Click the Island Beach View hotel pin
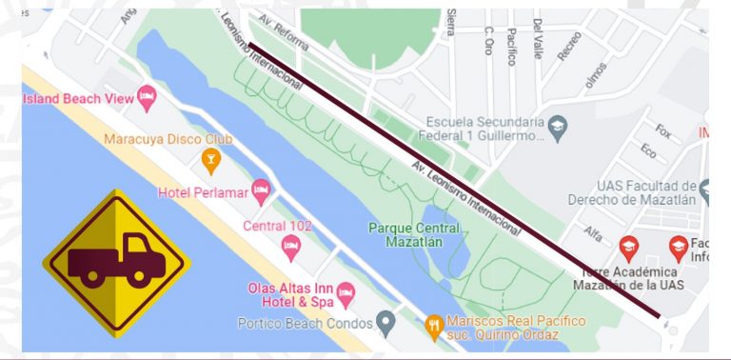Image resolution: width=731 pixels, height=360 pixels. [146, 95]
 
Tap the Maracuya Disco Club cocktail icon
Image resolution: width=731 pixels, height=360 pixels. [211, 158]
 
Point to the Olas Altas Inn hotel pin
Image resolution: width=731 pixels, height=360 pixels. [346, 290]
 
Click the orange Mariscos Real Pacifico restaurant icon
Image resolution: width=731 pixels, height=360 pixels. [434, 322]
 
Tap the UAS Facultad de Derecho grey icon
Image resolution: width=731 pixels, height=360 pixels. [706, 185]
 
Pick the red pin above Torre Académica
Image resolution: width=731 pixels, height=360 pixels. [628, 248]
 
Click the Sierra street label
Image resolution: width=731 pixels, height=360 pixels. [447, 21]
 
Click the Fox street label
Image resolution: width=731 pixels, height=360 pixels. [662, 130]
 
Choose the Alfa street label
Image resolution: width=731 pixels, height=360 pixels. [592, 232]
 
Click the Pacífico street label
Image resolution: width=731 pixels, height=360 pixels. [512, 45]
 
